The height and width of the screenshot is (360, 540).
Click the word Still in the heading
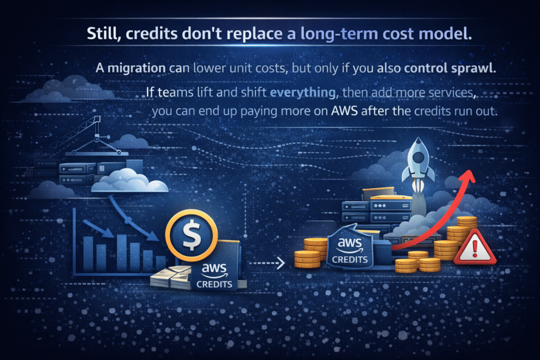[103, 34]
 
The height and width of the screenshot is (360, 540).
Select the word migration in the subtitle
[137, 68]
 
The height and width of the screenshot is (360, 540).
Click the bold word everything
[303, 92]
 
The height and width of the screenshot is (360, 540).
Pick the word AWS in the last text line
[344, 111]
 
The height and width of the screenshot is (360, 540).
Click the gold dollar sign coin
[191, 236]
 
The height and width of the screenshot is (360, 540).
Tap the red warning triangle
[475, 247]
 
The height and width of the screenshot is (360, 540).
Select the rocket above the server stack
[418, 164]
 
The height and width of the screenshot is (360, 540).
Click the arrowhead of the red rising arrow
[469, 176]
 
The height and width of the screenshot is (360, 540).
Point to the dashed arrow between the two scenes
[267, 264]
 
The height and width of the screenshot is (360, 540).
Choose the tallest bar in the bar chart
[122, 253]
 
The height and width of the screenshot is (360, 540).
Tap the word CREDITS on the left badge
[214, 284]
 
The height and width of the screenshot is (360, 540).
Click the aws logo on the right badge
[350, 245]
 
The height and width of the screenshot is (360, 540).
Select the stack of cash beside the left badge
[171, 277]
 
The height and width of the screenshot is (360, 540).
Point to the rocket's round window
[418, 157]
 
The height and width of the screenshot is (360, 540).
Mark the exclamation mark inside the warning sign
[475, 249]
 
